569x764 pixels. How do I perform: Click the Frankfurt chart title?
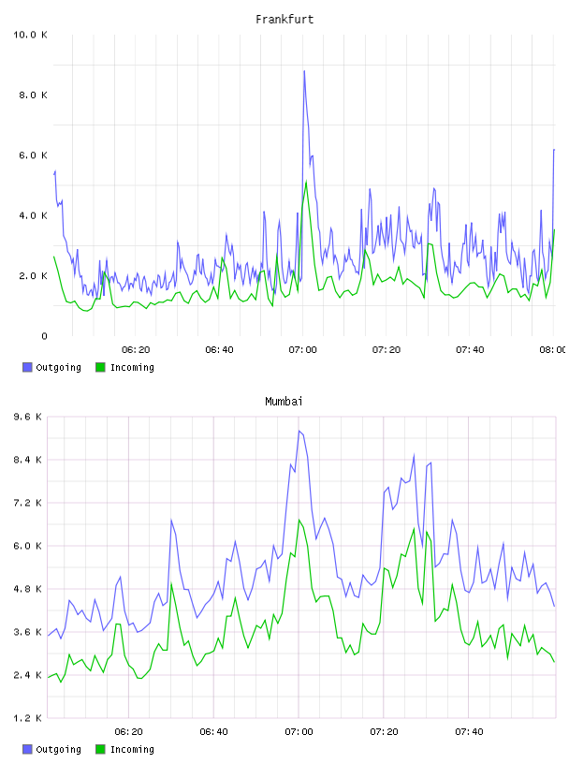point(284,20)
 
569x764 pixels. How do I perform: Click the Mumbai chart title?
point(284,402)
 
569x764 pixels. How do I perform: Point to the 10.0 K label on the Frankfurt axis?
point(30,35)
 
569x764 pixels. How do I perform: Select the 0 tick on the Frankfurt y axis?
point(44,336)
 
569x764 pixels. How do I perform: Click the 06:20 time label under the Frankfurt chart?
point(136,350)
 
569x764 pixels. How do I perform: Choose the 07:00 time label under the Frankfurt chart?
point(302,350)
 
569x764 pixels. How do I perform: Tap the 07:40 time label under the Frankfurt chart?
point(470,350)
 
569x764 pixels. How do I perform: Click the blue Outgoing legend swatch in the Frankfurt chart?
point(27,367)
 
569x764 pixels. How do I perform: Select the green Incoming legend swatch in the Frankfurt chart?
point(100,367)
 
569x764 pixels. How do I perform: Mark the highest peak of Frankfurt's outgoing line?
point(304,71)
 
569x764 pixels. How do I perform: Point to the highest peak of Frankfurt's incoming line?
point(306,182)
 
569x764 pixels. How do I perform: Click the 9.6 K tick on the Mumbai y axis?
point(28,417)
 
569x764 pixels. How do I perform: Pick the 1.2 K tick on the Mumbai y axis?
point(28,718)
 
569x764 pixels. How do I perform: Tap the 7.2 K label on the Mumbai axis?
point(28,503)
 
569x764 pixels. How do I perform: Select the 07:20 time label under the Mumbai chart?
point(384,732)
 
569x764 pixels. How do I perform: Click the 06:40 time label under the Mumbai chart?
point(213,732)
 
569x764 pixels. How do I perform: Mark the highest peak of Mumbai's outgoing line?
point(299,432)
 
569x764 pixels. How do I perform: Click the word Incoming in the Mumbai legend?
point(132,749)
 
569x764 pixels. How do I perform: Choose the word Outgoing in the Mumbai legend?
point(58,749)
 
